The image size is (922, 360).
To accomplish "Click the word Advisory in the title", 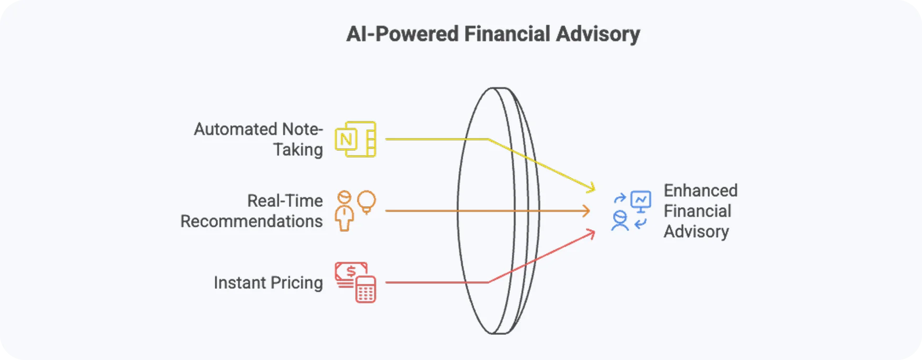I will pos(598,34).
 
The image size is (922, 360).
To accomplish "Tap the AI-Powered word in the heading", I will pos(402,34).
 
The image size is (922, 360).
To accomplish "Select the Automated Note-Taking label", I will pos(258,139).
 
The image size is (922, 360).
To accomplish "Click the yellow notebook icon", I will pos(356,139).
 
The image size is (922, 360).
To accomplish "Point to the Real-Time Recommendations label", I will pos(252,211).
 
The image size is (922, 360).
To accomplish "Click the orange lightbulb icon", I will pos(366,202).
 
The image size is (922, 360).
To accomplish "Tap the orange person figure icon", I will pos(344,211).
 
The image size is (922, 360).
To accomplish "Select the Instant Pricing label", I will pos(268,283).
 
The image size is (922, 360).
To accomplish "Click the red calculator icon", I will pos(365,290).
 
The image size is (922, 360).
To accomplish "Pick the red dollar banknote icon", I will pos(350,271).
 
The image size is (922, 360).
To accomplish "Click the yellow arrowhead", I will pos(592,187).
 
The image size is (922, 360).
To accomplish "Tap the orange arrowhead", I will pos(586,211).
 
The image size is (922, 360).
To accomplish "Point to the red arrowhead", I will pos(591,234).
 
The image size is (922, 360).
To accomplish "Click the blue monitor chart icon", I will pos(641,200).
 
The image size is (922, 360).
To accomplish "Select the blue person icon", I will pos(620,221).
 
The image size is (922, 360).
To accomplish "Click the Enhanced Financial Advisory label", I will pos(700,211).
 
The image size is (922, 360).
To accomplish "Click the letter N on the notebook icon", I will pos(346,140).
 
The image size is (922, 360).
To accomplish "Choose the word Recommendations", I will pos(252,221).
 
